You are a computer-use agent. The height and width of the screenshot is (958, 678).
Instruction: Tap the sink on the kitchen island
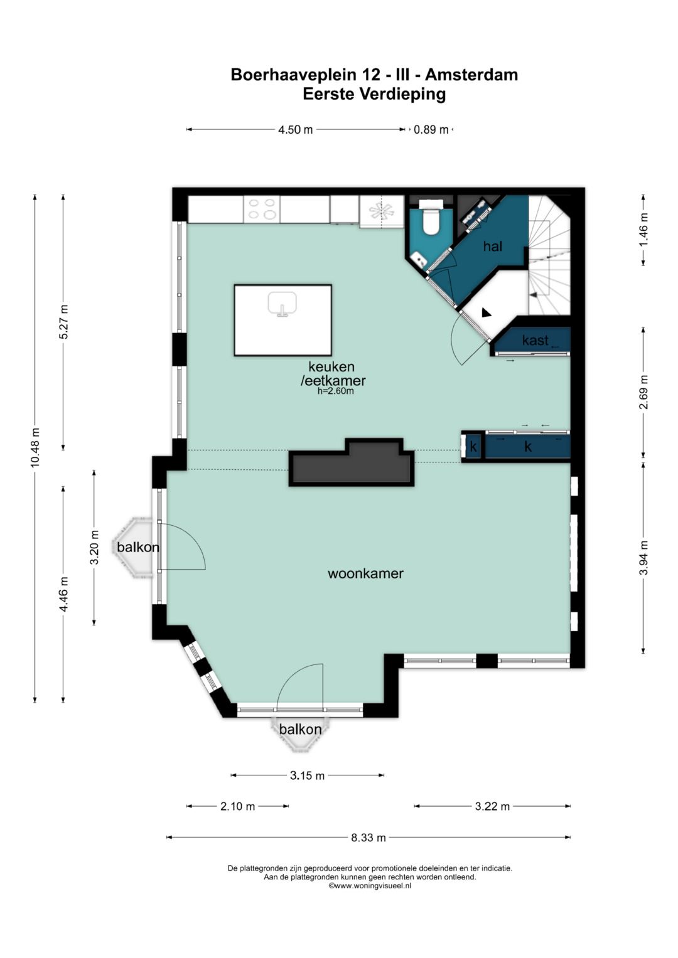tap(282, 304)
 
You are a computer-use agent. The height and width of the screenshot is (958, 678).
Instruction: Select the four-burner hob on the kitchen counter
tap(262, 209)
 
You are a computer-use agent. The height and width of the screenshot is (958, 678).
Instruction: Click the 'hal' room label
tap(492, 246)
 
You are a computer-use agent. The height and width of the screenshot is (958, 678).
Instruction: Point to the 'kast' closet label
tap(535, 341)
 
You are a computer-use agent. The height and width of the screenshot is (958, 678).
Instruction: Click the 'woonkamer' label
tap(365, 573)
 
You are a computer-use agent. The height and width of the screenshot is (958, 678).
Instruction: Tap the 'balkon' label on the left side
tap(138, 547)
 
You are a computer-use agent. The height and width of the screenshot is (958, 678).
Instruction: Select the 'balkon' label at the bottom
tap(300, 729)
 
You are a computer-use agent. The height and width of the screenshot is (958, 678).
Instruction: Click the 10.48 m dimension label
tap(35, 447)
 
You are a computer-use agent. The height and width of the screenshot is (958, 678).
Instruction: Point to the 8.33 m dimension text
tap(369, 838)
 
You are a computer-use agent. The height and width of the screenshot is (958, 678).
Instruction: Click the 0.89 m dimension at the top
tap(431, 130)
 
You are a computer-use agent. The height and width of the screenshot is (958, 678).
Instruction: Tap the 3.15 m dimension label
tap(308, 775)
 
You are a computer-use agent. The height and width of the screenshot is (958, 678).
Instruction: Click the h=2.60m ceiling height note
tap(336, 391)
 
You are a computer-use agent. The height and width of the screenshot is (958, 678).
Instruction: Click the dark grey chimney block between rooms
tap(352, 462)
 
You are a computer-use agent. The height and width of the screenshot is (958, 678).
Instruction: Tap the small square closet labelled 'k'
tap(473, 447)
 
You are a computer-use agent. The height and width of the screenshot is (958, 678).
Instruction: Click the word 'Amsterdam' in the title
tap(471, 75)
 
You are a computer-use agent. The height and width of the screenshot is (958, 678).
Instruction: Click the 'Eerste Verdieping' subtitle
tap(374, 94)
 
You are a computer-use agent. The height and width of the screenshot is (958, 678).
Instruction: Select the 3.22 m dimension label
tap(492, 806)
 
